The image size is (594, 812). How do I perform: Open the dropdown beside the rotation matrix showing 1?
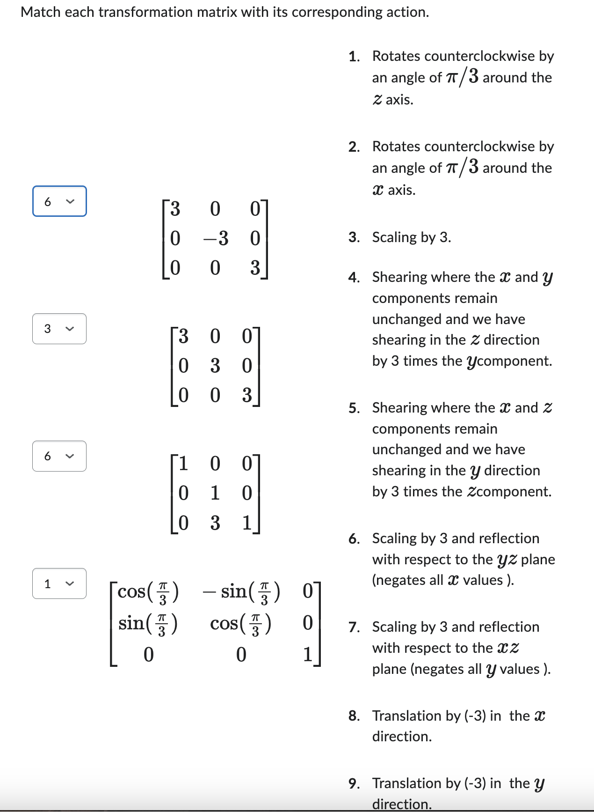[59, 583]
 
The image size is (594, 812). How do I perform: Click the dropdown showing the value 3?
[59, 329]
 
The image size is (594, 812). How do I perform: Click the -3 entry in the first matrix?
[216, 238]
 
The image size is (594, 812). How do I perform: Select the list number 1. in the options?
[354, 57]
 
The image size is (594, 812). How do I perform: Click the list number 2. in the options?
[354, 147]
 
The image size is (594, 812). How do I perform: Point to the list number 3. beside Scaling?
[354, 237]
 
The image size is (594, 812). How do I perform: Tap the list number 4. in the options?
[354, 278]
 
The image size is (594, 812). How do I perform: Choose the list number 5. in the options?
[354, 408]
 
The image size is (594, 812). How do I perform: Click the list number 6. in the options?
[354, 539]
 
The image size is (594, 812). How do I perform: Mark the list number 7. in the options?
[354, 627]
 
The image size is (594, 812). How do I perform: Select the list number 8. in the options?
[354, 716]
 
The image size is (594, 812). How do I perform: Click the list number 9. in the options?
[354, 783]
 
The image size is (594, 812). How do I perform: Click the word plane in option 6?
[538, 560]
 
